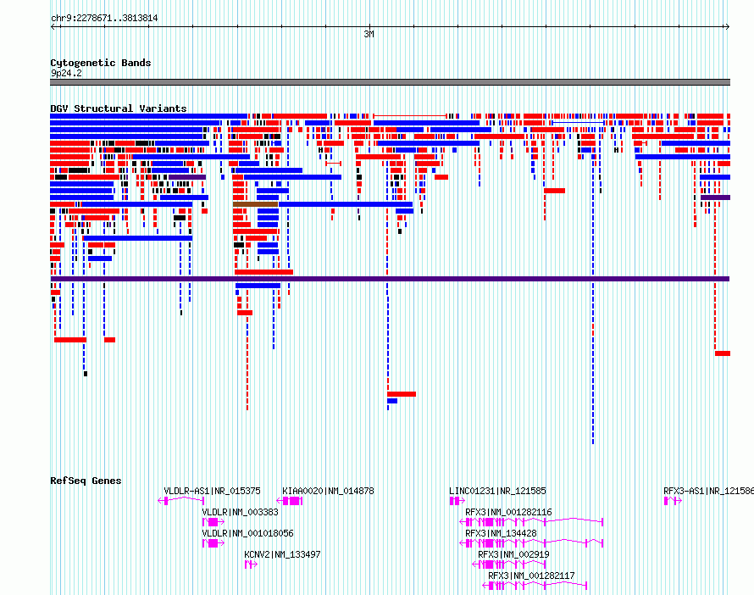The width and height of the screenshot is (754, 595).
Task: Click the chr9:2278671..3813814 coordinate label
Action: (104, 19)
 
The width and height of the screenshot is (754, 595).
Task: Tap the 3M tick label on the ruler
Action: (369, 34)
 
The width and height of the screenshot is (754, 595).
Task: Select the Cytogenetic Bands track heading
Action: (101, 63)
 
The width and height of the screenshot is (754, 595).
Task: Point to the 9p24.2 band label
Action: (66, 73)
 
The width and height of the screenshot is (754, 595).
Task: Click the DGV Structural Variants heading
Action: (119, 108)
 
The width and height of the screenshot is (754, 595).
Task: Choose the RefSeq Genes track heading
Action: (86, 481)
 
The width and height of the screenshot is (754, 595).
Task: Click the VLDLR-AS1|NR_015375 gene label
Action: (212, 491)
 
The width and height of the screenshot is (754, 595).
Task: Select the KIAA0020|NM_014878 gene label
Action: (328, 491)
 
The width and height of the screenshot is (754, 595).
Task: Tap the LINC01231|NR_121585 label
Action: (497, 491)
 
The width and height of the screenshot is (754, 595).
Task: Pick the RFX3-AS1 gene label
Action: (709, 491)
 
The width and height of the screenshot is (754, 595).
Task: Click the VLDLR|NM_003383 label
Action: (240, 512)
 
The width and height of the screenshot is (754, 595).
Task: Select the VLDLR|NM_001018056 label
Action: (247, 533)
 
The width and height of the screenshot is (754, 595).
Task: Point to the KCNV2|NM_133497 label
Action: (282, 554)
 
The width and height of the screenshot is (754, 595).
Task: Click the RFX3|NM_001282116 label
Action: (508, 512)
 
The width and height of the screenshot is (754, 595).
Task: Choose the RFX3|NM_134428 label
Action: (501, 533)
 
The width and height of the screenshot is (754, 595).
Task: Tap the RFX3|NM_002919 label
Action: (513, 554)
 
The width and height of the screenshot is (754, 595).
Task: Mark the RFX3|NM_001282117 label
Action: (531, 576)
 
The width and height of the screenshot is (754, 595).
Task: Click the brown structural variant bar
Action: (255, 204)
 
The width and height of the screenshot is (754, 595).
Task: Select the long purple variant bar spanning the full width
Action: (390, 279)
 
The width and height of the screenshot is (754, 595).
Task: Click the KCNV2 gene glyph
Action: (251, 564)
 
